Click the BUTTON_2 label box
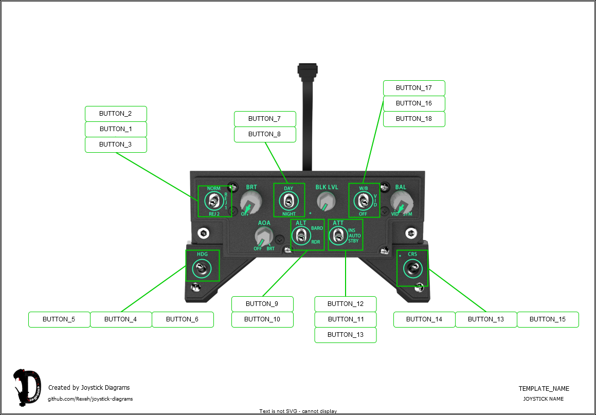click(x=116, y=114)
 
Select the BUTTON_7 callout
click(x=265, y=119)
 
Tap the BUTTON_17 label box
click(x=414, y=88)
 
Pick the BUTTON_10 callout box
click(x=262, y=319)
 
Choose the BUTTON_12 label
click(x=346, y=304)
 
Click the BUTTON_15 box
click(x=548, y=319)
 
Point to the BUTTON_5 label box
click(x=59, y=319)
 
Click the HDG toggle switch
click(x=201, y=268)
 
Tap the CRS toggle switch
click(x=412, y=268)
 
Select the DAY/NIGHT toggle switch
click(x=288, y=201)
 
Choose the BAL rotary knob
click(x=400, y=202)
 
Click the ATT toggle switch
click(x=337, y=236)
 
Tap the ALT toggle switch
click(x=300, y=236)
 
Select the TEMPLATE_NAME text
click(x=544, y=389)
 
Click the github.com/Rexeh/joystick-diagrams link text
click(x=91, y=399)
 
